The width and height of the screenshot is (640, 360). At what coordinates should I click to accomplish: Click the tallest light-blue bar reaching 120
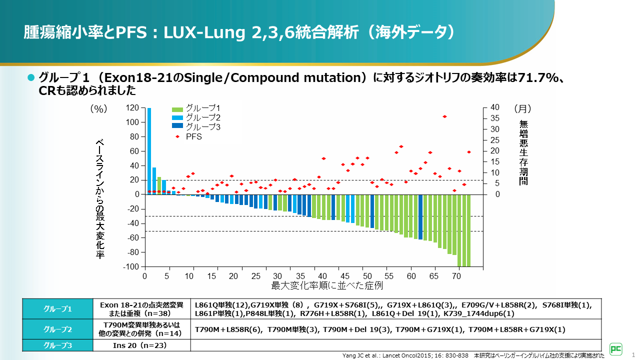click(x=149, y=150)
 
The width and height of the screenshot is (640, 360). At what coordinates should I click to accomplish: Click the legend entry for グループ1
click(x=196, y=108)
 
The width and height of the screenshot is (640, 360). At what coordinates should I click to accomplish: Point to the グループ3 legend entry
click(x=196, y=127)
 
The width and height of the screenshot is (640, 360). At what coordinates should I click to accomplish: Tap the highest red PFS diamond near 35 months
click(x=444, y=116)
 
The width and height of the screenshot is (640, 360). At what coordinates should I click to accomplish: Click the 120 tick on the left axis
click(x=132, y=108)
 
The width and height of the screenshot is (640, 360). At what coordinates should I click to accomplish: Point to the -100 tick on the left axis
click(x=130, y=267)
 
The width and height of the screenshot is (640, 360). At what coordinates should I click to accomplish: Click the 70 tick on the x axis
click(x=456, y=276)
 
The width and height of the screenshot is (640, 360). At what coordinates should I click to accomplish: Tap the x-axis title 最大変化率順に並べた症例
click(x=327, y=286)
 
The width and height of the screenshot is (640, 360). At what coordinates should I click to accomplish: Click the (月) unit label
click(x=522, y=108)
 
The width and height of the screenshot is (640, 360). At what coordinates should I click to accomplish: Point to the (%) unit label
click(x=98, y=108)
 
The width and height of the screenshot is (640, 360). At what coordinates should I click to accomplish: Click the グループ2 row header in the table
click(x=58, y=329)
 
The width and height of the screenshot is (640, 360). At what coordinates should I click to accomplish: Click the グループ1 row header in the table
click(x=58, y=309)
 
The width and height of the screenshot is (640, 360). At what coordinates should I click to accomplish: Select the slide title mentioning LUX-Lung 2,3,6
click(x=240, y=32)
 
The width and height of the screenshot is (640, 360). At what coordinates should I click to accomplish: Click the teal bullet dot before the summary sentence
click(x=30, y=77)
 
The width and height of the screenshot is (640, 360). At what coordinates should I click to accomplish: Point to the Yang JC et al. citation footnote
click(x=405, y=355)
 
